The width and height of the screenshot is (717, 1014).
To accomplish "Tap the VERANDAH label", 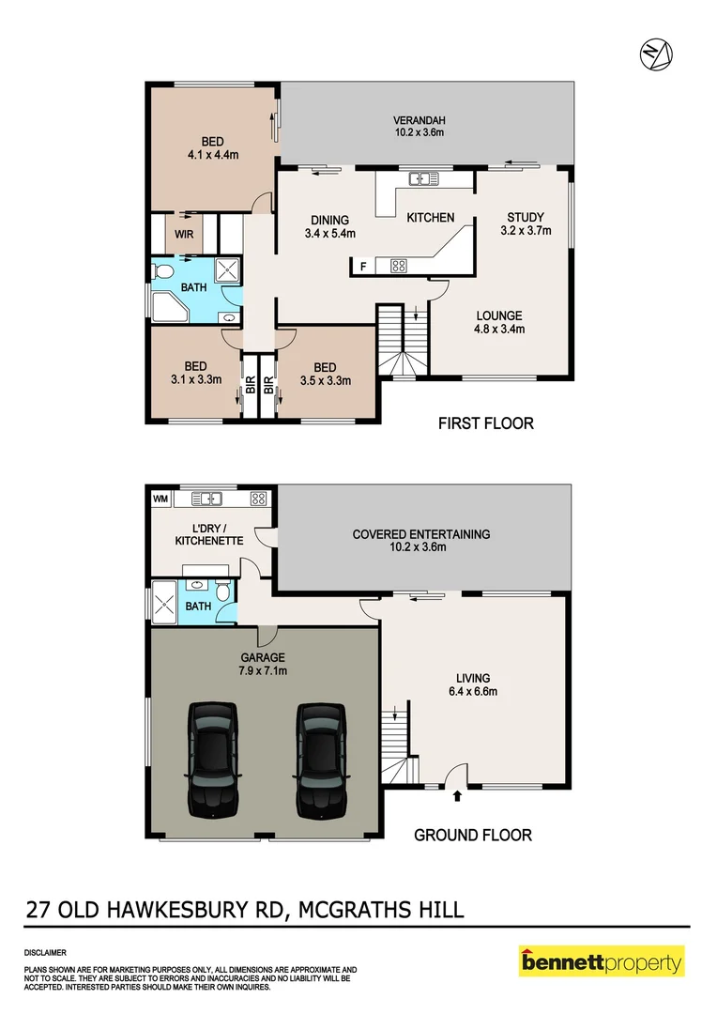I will pyautogui.click(x=419, y=120).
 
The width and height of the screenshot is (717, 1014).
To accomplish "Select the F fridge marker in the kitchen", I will pyautogui.click(x=363, y=267).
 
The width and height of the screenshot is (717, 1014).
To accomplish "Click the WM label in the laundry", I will pyautogui.click(x=160, y=498).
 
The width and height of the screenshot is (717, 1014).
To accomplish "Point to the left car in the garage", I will pyautogui.click(x=215, y=759).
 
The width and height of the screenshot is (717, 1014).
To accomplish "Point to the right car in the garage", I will pyautogui.click(x=322, y=759).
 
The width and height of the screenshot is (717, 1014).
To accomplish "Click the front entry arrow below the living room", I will pyautogui.click(x=457, y=797).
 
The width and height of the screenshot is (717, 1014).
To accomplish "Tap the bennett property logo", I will pyautogui.click(x=602, y=961).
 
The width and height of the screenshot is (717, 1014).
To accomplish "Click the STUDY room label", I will pyautogui.click(x=525, y=218).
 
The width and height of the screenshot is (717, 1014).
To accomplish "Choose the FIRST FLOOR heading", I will pyautogui.click(x=486, y=423).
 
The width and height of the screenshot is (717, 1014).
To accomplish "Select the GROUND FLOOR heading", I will pyautogui.click(x=473, y=835).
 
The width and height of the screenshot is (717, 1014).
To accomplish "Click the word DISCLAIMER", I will pyautogui.click(x=46, y=951).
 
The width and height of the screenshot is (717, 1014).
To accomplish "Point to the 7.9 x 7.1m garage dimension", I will pyautogui.click(x=262, y=671).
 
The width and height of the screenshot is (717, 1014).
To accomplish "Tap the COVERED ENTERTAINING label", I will pyautogui.click(x=421, y=534).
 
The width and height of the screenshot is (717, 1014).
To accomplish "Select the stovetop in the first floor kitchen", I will pyautogui.click(x=398, y=266).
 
